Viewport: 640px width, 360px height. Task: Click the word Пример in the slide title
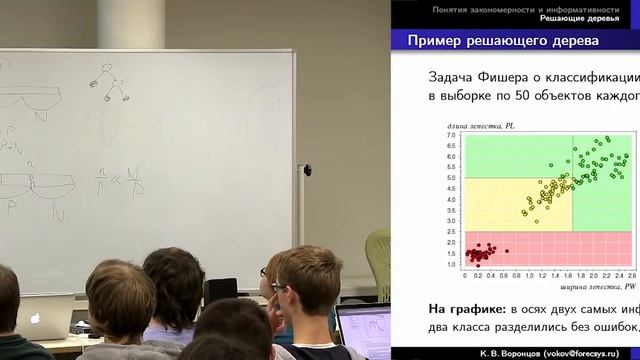[437, 41]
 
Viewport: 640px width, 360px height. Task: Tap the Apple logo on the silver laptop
[35, 319]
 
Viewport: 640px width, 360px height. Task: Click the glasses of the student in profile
[266, 272]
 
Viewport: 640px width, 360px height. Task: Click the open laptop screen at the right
[365, 330]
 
